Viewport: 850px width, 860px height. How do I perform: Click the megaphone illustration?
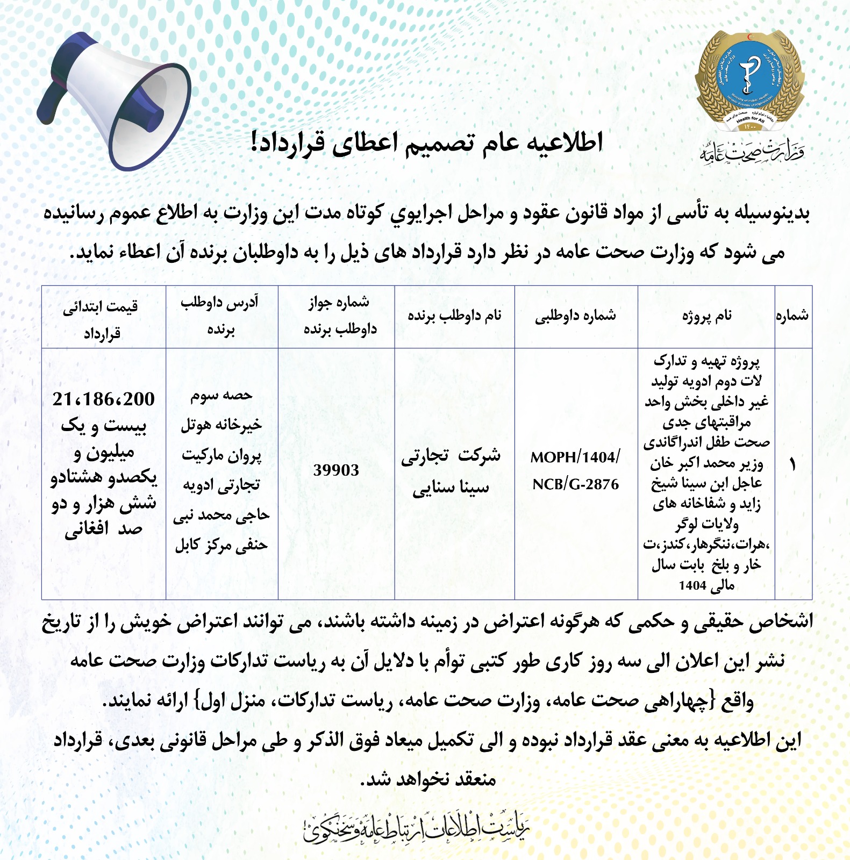(116, 99)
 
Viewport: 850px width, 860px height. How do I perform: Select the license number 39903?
(336, 470)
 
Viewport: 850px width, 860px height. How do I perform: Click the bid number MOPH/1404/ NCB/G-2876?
(575, 470)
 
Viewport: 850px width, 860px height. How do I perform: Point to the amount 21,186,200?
(103, 399)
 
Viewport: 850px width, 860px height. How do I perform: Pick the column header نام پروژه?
(706, 316)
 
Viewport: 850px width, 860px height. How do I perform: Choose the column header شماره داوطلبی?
(575, 316)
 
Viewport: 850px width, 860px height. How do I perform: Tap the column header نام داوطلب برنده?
(454, 316)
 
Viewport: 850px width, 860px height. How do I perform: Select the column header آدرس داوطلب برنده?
(220, 316)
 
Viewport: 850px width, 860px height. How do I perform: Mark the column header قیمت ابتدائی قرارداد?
(101, 320)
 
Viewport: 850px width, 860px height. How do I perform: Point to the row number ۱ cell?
(792, 465)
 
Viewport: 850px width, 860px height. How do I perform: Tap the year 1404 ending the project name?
(692, 585)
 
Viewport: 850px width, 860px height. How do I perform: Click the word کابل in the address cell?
(188, 545)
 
